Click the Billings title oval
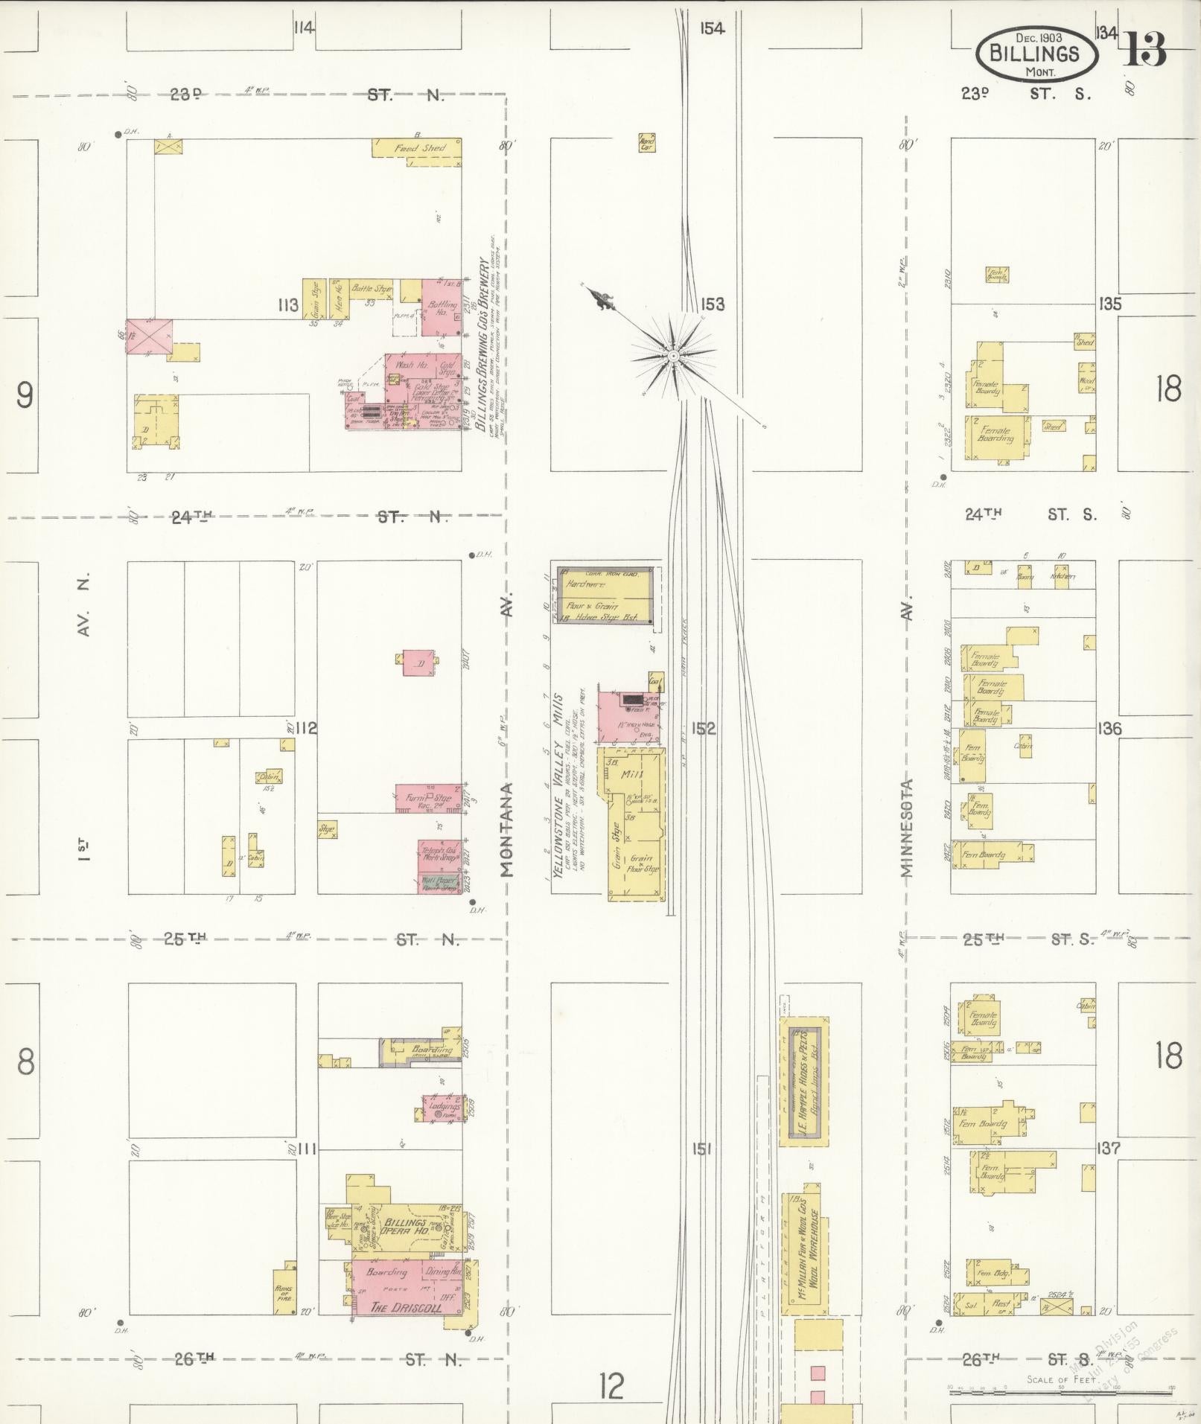(x=1036, y=55)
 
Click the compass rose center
(x=673, y=356)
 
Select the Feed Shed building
(x=418, y=147)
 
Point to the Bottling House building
(x=441, y=307)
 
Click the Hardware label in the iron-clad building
(x=587, y=584)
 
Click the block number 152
(x=703, y=729)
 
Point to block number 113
(x=288, y=304)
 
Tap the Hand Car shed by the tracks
(x=647, y=142)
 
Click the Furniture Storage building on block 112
(x=427, y=798)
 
